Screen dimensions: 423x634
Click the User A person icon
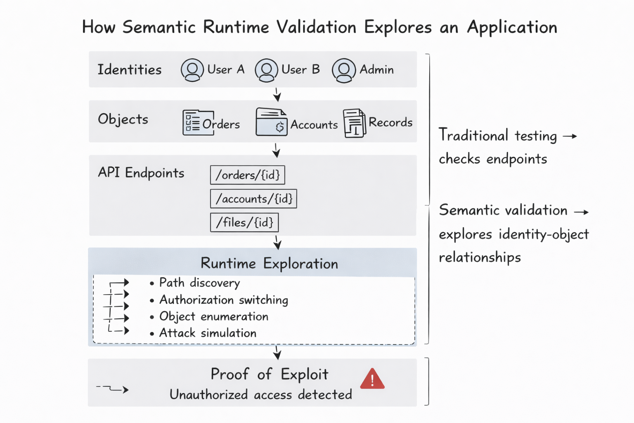click(192, 70)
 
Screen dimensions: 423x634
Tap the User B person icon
click(266, 70)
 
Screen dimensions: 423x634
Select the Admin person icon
click(344, 70)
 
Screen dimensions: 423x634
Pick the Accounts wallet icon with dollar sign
click(271, 122)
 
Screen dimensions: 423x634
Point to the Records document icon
click(355, 123)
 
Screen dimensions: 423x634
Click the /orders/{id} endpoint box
click(247, 175)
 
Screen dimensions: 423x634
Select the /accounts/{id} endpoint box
click(253, 199)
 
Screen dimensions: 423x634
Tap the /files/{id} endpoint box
click(244, 223)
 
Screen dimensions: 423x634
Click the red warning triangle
click(372, 379)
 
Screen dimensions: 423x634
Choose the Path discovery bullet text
click(199, 283)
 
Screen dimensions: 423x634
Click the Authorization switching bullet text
click(224, 300)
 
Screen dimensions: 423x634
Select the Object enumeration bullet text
click(214, 316)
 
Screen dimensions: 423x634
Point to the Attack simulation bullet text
click(208, 333)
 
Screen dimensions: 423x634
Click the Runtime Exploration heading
click(269, 264)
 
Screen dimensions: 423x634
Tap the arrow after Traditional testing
click(570, 136)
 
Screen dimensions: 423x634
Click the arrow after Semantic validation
click(582, 212)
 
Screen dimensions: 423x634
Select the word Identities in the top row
click(129, 69)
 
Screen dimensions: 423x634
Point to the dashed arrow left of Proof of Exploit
click(113, 389)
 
